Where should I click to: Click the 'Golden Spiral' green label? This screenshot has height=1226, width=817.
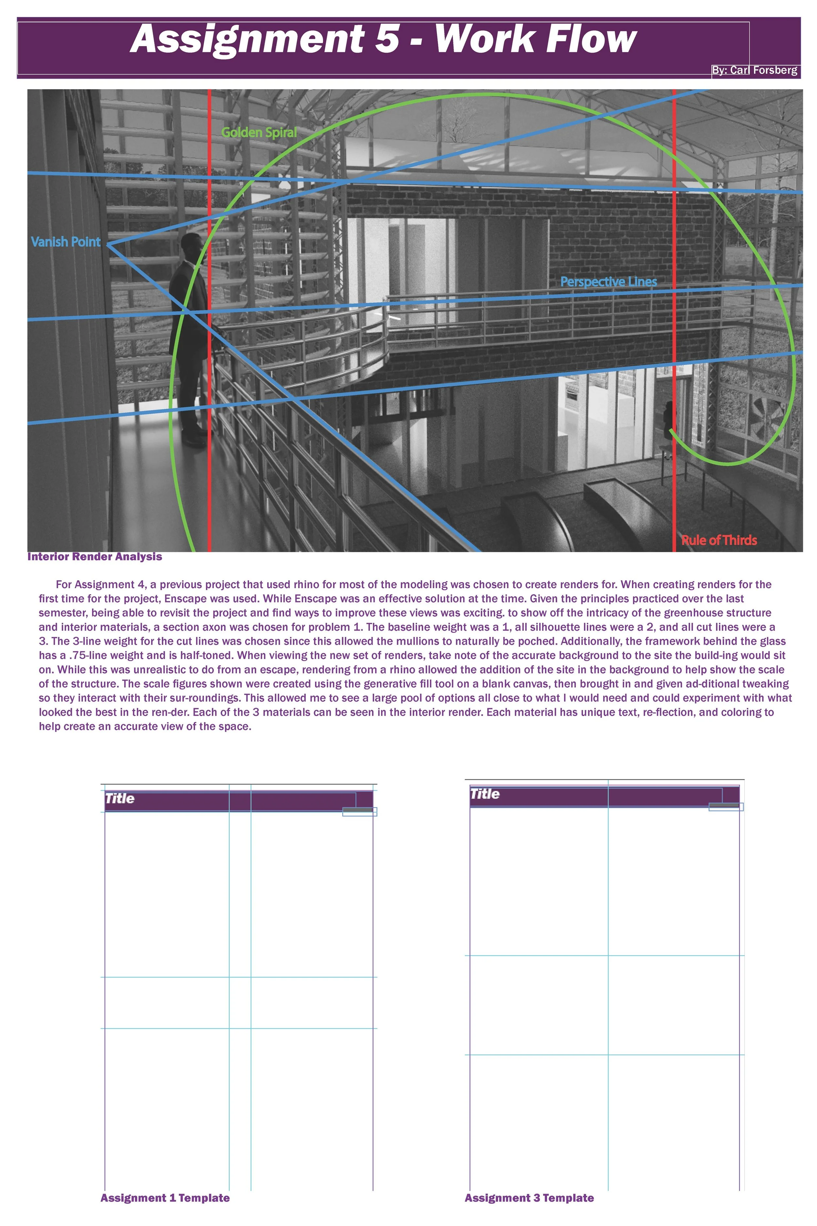coord(259,132)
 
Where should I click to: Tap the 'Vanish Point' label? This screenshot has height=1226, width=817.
coord(66,242)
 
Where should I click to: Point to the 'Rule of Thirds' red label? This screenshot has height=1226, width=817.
coord(719,540)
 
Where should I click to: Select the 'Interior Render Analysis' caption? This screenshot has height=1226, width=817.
coord(94,557)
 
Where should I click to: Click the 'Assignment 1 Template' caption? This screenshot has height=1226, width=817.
coord(165,1198)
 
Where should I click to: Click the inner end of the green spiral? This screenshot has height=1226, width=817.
coord(671,431)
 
